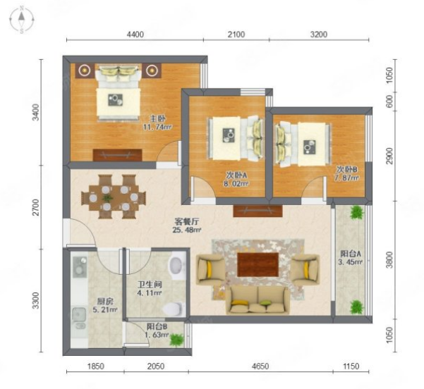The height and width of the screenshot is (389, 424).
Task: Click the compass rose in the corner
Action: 22,20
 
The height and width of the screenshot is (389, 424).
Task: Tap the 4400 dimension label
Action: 135,35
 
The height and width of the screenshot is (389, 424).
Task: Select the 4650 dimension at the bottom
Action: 260,366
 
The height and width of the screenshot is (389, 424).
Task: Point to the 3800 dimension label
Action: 389,260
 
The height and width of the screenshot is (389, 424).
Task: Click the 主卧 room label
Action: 157,118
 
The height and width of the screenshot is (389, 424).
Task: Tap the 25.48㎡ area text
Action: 186,230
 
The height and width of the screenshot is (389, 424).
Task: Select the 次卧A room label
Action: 237,175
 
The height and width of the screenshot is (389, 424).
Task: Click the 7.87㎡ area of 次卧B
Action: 346,178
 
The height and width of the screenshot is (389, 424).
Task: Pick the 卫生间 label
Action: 150,285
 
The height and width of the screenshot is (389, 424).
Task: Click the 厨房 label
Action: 105,301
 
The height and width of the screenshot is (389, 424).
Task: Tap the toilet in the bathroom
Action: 174,309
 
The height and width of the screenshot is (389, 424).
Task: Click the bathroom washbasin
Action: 176,265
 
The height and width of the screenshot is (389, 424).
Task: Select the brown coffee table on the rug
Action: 258,264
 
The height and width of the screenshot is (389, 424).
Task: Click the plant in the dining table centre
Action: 107,198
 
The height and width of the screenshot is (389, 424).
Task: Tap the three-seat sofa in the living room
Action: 258,300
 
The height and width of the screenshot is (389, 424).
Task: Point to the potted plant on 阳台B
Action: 176,340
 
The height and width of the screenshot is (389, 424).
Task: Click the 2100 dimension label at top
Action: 236,35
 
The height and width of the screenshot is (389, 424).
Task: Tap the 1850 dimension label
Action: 95,366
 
